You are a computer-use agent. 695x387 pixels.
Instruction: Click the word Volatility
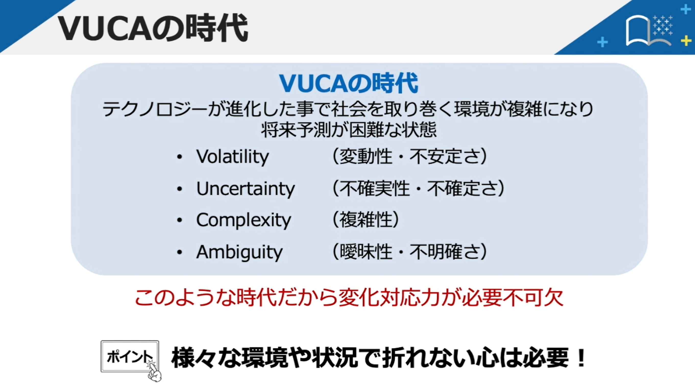233,156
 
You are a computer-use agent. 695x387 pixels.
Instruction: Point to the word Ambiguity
239,252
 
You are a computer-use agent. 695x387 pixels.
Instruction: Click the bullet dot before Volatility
180,157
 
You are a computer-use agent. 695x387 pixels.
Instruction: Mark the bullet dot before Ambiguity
180,252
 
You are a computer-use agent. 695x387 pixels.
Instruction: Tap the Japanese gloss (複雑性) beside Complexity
366,220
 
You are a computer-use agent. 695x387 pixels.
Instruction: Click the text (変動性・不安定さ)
410,156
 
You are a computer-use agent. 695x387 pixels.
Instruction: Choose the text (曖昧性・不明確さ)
410,252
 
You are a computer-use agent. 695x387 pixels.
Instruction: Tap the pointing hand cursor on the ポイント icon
154,371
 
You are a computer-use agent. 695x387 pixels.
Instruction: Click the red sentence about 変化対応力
349,298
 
